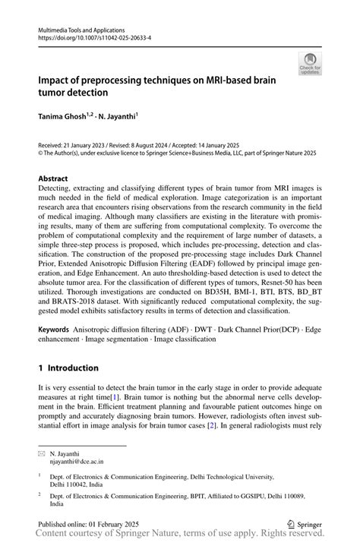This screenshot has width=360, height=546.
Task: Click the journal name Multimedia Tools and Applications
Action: pos(81,27)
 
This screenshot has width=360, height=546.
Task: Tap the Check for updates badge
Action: pos(310,65)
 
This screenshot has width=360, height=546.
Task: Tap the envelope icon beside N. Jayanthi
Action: pos(43,451)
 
